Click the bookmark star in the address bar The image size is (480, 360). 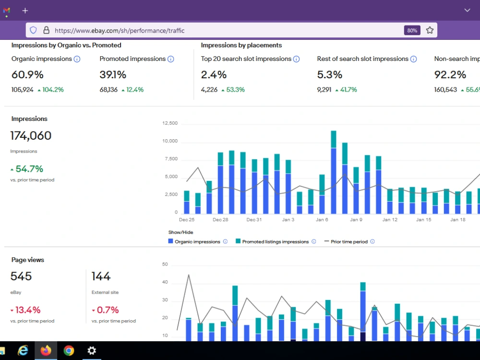pos(430,30)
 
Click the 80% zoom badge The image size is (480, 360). pos(412,30)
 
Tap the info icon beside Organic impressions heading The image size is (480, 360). pos(77,59)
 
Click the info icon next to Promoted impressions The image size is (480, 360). pos(171,59)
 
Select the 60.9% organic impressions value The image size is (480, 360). pos(27,74)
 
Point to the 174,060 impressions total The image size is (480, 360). pos(31,135)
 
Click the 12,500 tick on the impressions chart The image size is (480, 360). pos(170,123)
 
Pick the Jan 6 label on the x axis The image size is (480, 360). pos(322,219)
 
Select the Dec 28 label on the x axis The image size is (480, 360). pos(220,219)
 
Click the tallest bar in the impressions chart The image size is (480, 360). pos(334,172)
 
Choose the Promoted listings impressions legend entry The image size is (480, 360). pos(276,241)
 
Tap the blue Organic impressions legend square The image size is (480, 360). pos(170,241)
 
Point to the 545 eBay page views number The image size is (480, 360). pos(21,276)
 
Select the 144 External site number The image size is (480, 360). pos(101,276)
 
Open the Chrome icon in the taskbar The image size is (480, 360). pos(69,350)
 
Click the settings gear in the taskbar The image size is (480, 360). pos(92,350)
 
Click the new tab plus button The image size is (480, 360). pos(25,11)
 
